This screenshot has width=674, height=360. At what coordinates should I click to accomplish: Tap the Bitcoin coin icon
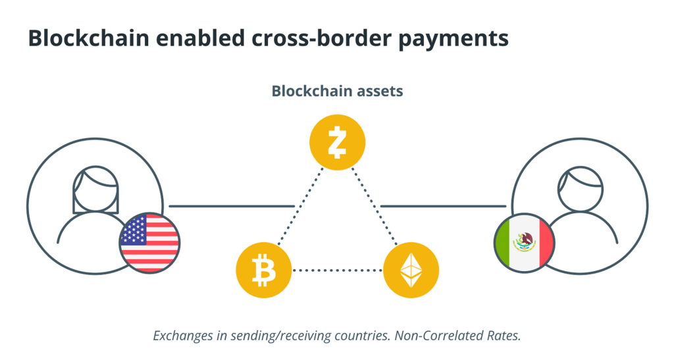tap(263, 270)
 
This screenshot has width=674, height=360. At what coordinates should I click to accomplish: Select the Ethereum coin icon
tap(411, 270)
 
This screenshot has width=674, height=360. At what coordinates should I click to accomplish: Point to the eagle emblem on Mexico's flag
tap(525, 242)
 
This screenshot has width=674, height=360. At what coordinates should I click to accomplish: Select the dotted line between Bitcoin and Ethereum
tap(337, 270)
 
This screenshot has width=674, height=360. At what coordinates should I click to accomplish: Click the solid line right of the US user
tap(231, 206)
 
